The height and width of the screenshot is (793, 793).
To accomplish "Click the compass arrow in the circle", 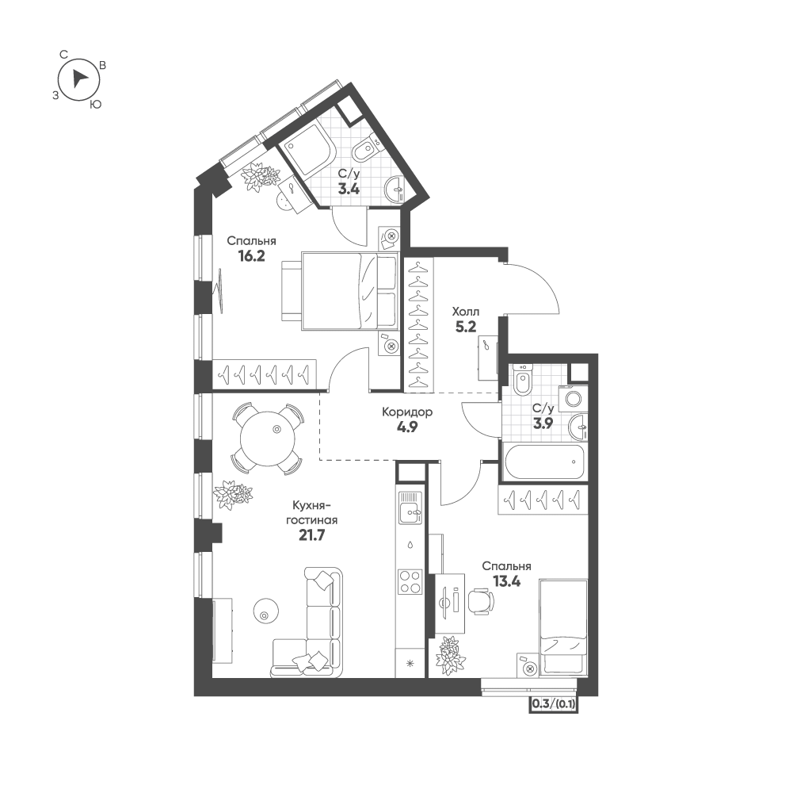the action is click(79, 78).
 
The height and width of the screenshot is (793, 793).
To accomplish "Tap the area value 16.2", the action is click(251, 256).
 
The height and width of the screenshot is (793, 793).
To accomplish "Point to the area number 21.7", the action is click(311, 535).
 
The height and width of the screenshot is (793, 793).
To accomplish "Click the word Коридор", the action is click(407, 412).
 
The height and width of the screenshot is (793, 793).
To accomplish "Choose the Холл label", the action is click(465, 312).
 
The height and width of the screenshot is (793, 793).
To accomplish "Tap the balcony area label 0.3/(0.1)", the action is click(554, 703).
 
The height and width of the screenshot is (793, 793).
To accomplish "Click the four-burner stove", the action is click(410, 582).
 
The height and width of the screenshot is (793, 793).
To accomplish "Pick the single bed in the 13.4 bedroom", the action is click(563, 627).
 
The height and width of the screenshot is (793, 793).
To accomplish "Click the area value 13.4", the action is click(507, 581).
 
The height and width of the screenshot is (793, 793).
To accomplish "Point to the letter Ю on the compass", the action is click(95, 105).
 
